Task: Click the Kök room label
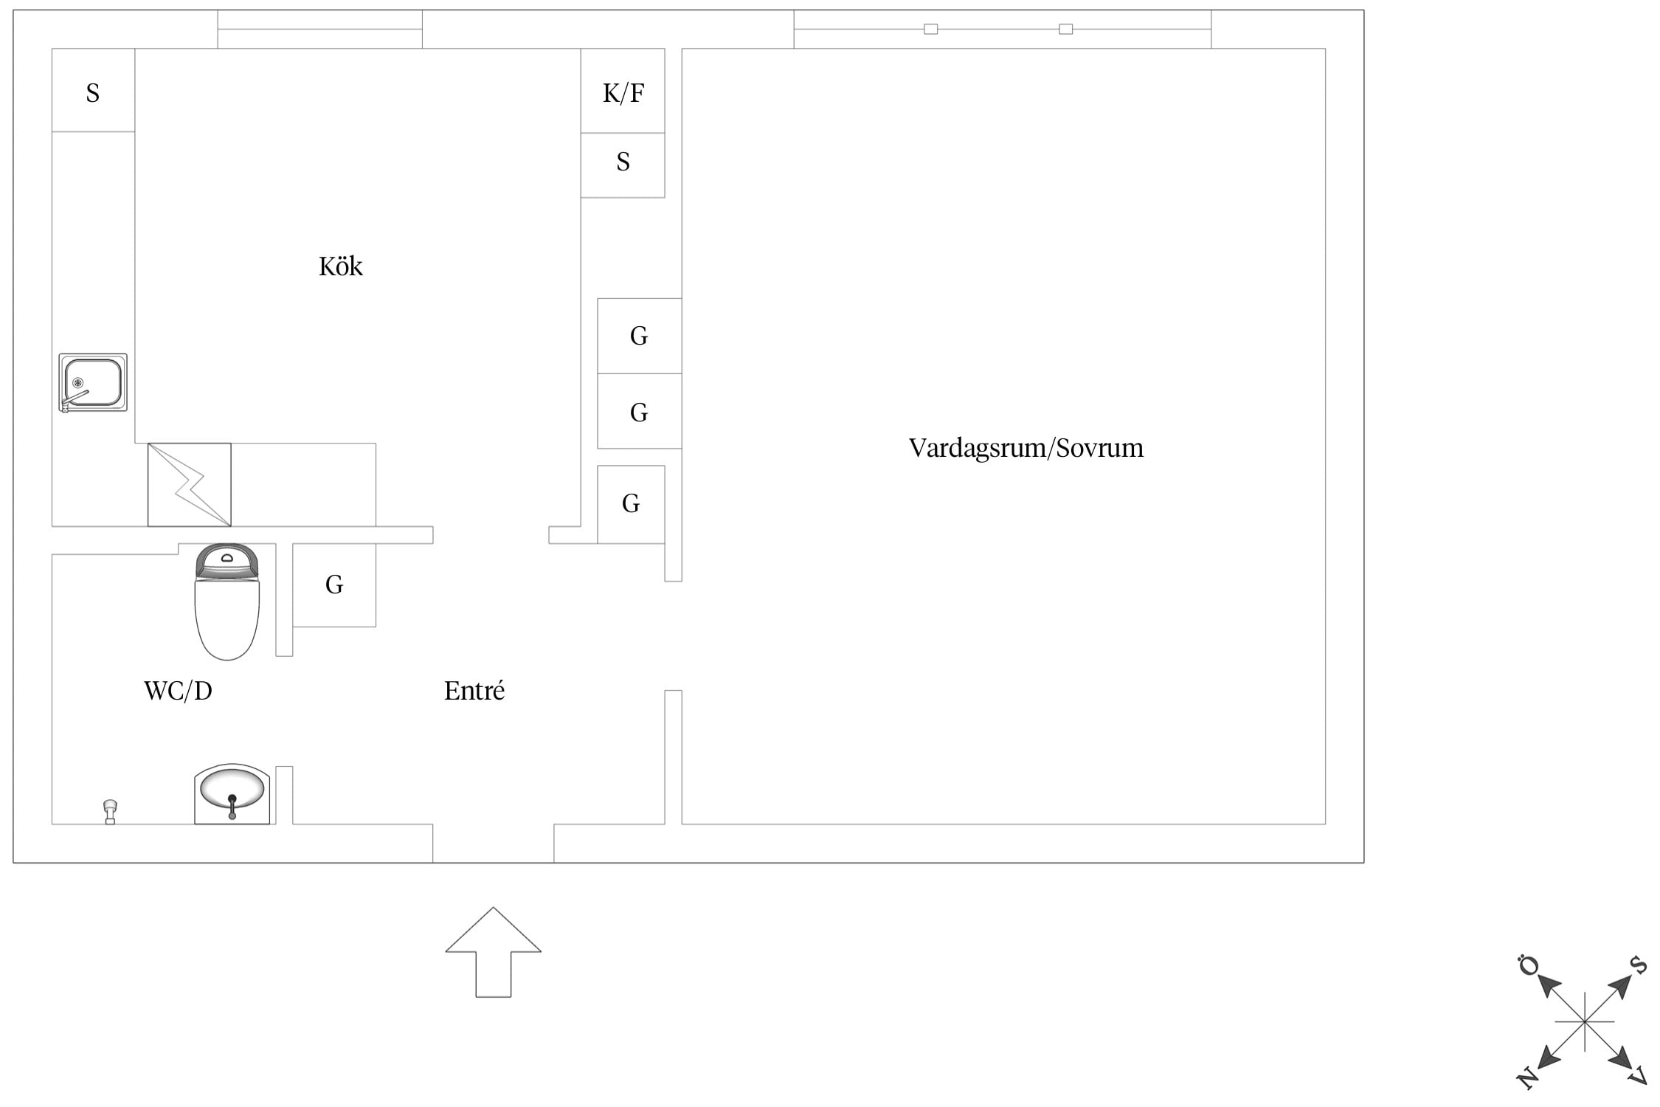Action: (341, 266)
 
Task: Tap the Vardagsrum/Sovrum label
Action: (1026, 448)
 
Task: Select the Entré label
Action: (474, 691)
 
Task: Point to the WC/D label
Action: (178, 691)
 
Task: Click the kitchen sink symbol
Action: (93, 382)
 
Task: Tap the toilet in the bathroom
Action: (227, 602)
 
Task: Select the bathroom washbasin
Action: (232, 793)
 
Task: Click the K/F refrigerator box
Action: (623, 91)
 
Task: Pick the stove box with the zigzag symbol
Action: (190, 485)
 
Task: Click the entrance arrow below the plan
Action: (493, 952)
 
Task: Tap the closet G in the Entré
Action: (334, 585)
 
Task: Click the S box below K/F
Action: (623, 165)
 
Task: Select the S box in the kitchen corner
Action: (93, 90)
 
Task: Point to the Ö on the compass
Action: (1528, 965)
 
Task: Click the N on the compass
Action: (1526, 1078)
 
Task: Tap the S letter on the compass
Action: (1638, 965)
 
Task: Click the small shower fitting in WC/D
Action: (110, 812)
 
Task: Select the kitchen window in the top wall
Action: (319, 30)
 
